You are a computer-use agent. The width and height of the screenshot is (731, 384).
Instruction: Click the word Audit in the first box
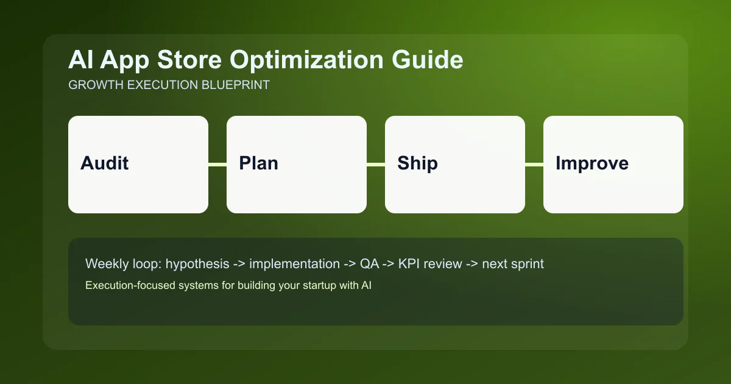coord(105,163)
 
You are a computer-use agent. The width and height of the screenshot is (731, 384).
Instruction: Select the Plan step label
coord(258,163)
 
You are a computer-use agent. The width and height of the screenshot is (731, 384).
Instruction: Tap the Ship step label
coord(417,163)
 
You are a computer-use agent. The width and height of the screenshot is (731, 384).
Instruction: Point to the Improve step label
coord(592,163)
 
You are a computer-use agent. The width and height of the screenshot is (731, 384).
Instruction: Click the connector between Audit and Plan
coord(217,165)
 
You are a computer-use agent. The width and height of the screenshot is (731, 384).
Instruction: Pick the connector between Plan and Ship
coord(376,165)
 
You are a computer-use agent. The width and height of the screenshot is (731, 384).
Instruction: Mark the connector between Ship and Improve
coord(534,165)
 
